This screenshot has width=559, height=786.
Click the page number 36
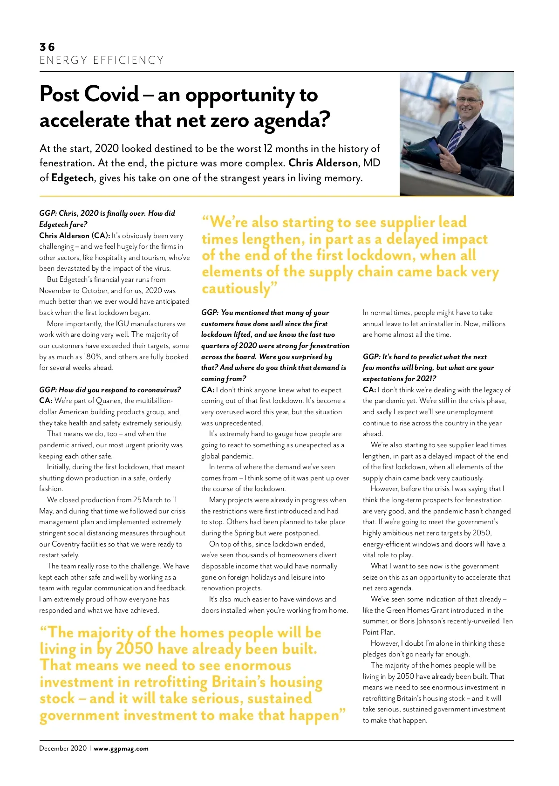47,47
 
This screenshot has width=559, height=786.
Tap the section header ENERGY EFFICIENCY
102,61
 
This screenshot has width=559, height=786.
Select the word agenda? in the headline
292,121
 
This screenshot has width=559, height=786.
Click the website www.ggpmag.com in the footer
121,749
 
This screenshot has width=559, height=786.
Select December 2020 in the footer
63,749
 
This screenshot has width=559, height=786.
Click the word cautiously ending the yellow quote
235,289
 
